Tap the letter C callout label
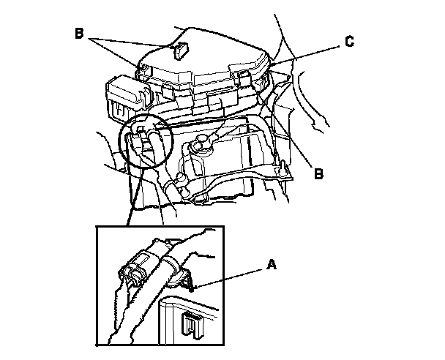click(350, 42)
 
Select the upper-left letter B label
click(79, 33)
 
